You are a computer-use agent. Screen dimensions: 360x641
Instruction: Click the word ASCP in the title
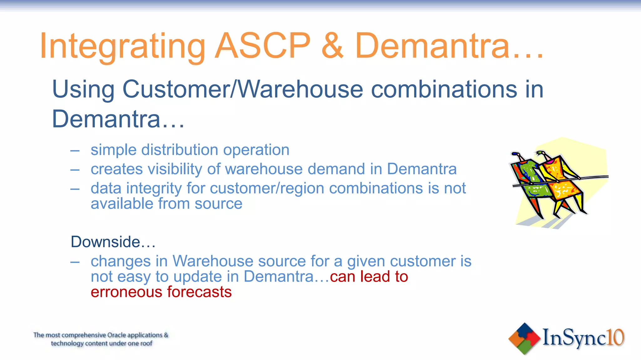[262, 46]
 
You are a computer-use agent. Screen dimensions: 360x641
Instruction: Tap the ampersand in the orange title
[332, 46]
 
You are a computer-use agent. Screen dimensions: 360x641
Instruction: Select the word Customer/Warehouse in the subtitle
[243, 89]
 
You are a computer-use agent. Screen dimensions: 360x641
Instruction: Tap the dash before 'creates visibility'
[75, 170]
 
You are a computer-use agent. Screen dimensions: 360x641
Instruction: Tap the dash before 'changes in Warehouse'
[75, 262]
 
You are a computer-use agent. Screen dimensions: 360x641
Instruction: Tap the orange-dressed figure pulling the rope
[560, 184]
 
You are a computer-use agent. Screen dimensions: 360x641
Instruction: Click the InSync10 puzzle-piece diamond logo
[525, 339]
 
